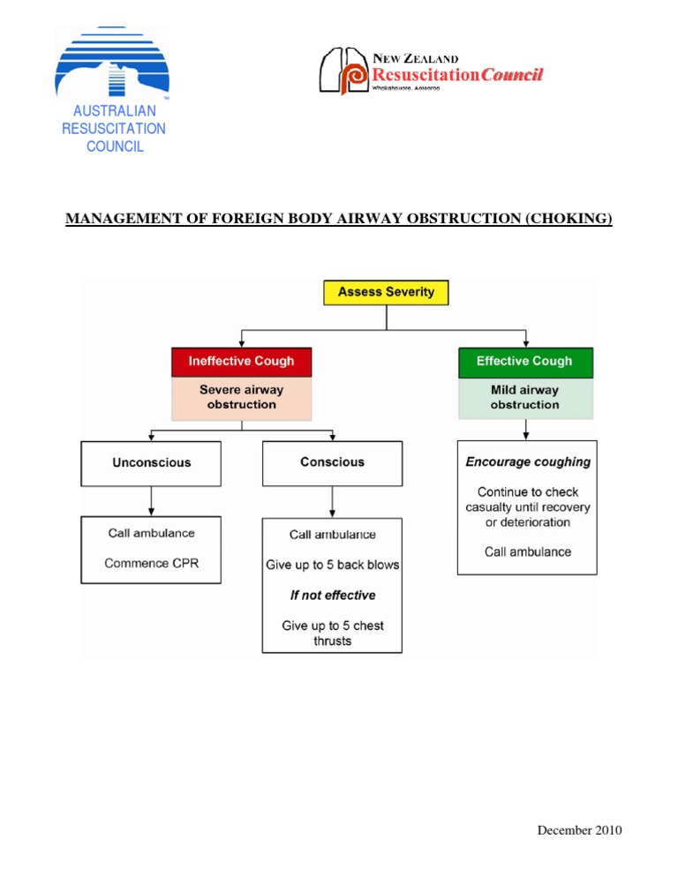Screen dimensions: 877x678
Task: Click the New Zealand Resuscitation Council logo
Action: tap(430, 71)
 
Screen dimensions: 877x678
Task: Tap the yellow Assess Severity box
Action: tap(386, 292)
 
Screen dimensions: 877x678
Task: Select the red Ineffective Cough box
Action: tap(241, 361)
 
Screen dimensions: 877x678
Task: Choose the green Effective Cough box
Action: tap(525, 361)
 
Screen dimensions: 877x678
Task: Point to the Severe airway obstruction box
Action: tap(241, 397)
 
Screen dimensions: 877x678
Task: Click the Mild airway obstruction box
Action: tap(525, 397)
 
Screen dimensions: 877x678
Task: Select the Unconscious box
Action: tap(151, 462)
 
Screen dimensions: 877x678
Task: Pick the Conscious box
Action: tap(332, 462)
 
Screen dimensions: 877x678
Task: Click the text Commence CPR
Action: tap(151, 563)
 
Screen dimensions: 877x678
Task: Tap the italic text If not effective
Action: tap(332, 596)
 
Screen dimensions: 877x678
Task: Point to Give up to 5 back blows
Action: tap(332, 565)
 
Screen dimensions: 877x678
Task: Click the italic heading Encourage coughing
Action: tap(528, 461)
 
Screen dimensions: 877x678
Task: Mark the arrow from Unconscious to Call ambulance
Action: tap(151, 501)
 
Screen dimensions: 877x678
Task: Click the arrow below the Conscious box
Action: tap(332, 501)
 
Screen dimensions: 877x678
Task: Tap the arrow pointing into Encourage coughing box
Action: tap(527, 430)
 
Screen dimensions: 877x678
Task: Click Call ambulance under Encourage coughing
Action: tap(528, 551)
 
